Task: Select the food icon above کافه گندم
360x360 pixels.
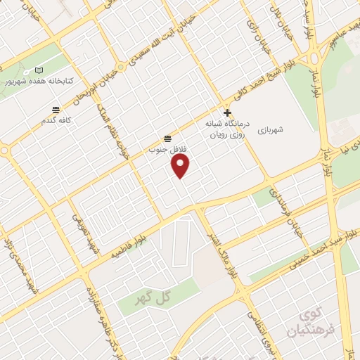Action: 56,109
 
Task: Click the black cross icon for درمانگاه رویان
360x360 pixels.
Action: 226,112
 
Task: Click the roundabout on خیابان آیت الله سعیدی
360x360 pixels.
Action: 122,67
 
